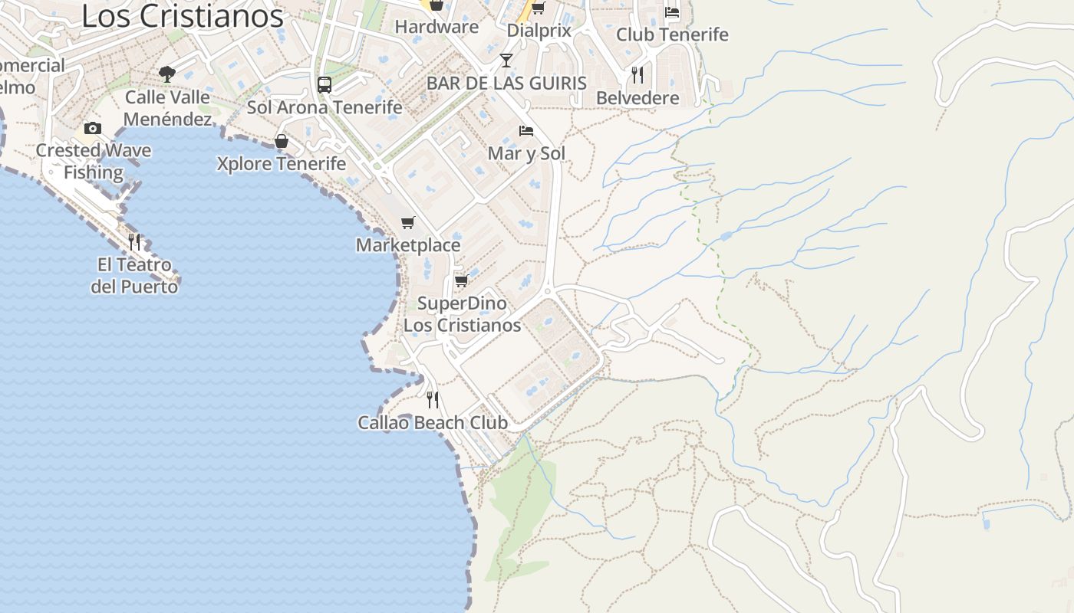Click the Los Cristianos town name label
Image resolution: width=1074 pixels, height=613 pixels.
pos(182,16)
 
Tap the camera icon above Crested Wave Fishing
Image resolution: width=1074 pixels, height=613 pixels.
pos(93,128)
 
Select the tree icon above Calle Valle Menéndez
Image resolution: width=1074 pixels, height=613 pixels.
pos(167,74)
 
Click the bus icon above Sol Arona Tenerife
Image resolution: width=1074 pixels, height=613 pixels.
pos(325,84)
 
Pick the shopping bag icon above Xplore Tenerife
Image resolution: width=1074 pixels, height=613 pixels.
pos(282,141)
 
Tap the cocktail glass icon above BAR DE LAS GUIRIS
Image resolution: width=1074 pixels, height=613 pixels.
pos(506,61)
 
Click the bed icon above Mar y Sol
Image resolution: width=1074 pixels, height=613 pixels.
pos(526,130)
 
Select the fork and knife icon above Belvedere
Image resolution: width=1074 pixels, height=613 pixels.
pos(637,74)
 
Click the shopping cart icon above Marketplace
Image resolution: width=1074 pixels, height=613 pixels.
pos(408,222)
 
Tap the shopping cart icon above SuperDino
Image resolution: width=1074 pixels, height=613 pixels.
pos(462,280)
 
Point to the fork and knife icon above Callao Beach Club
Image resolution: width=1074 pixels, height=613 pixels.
pos(433,399)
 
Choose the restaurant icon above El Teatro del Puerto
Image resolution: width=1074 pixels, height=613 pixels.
pos(134,242)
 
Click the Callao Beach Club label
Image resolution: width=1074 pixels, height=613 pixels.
pos(433,422)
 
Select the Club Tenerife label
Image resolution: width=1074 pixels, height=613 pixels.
pos(672,34)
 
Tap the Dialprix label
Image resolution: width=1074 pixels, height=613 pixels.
pos(539,31)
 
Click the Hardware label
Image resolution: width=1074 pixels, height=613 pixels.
pos(437,27)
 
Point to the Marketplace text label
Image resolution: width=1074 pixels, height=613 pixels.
pos(408,245)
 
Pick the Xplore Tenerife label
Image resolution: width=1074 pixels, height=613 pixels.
pos(282,164)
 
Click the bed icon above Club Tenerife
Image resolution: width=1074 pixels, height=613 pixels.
pos(672,11)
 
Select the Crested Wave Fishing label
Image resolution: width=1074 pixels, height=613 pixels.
pos(94,161)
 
